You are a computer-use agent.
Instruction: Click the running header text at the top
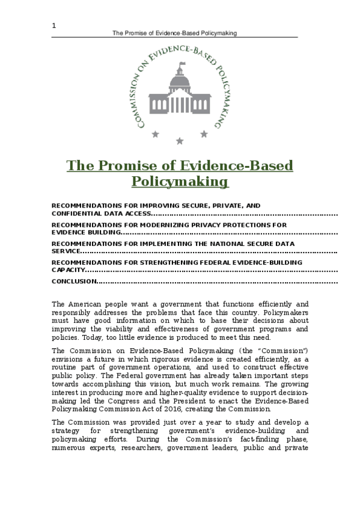(174, 33)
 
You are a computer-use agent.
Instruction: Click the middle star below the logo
(180, 141)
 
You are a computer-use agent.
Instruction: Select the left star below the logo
(155, 134)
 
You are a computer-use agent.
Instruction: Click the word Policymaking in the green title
(180, 180)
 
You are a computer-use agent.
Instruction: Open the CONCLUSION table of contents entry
(74, 281)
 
